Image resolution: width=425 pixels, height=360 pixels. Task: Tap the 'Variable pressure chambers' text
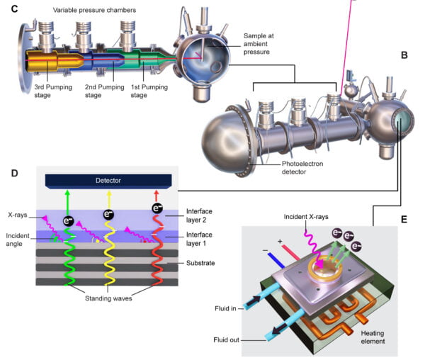click(x=92, y=9)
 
